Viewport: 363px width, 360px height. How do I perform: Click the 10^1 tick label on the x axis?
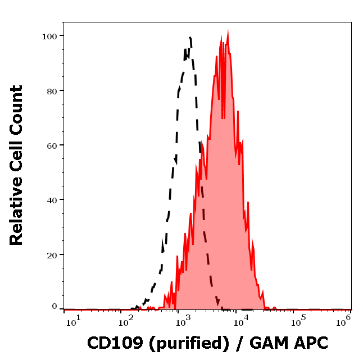click(x=74, y=321)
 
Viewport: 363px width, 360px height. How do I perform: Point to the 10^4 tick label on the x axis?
click(x=241, y=321)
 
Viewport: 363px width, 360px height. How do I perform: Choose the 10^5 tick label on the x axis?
click(x=297, y=321)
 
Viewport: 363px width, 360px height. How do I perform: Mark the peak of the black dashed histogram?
click(x=190, y=38)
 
